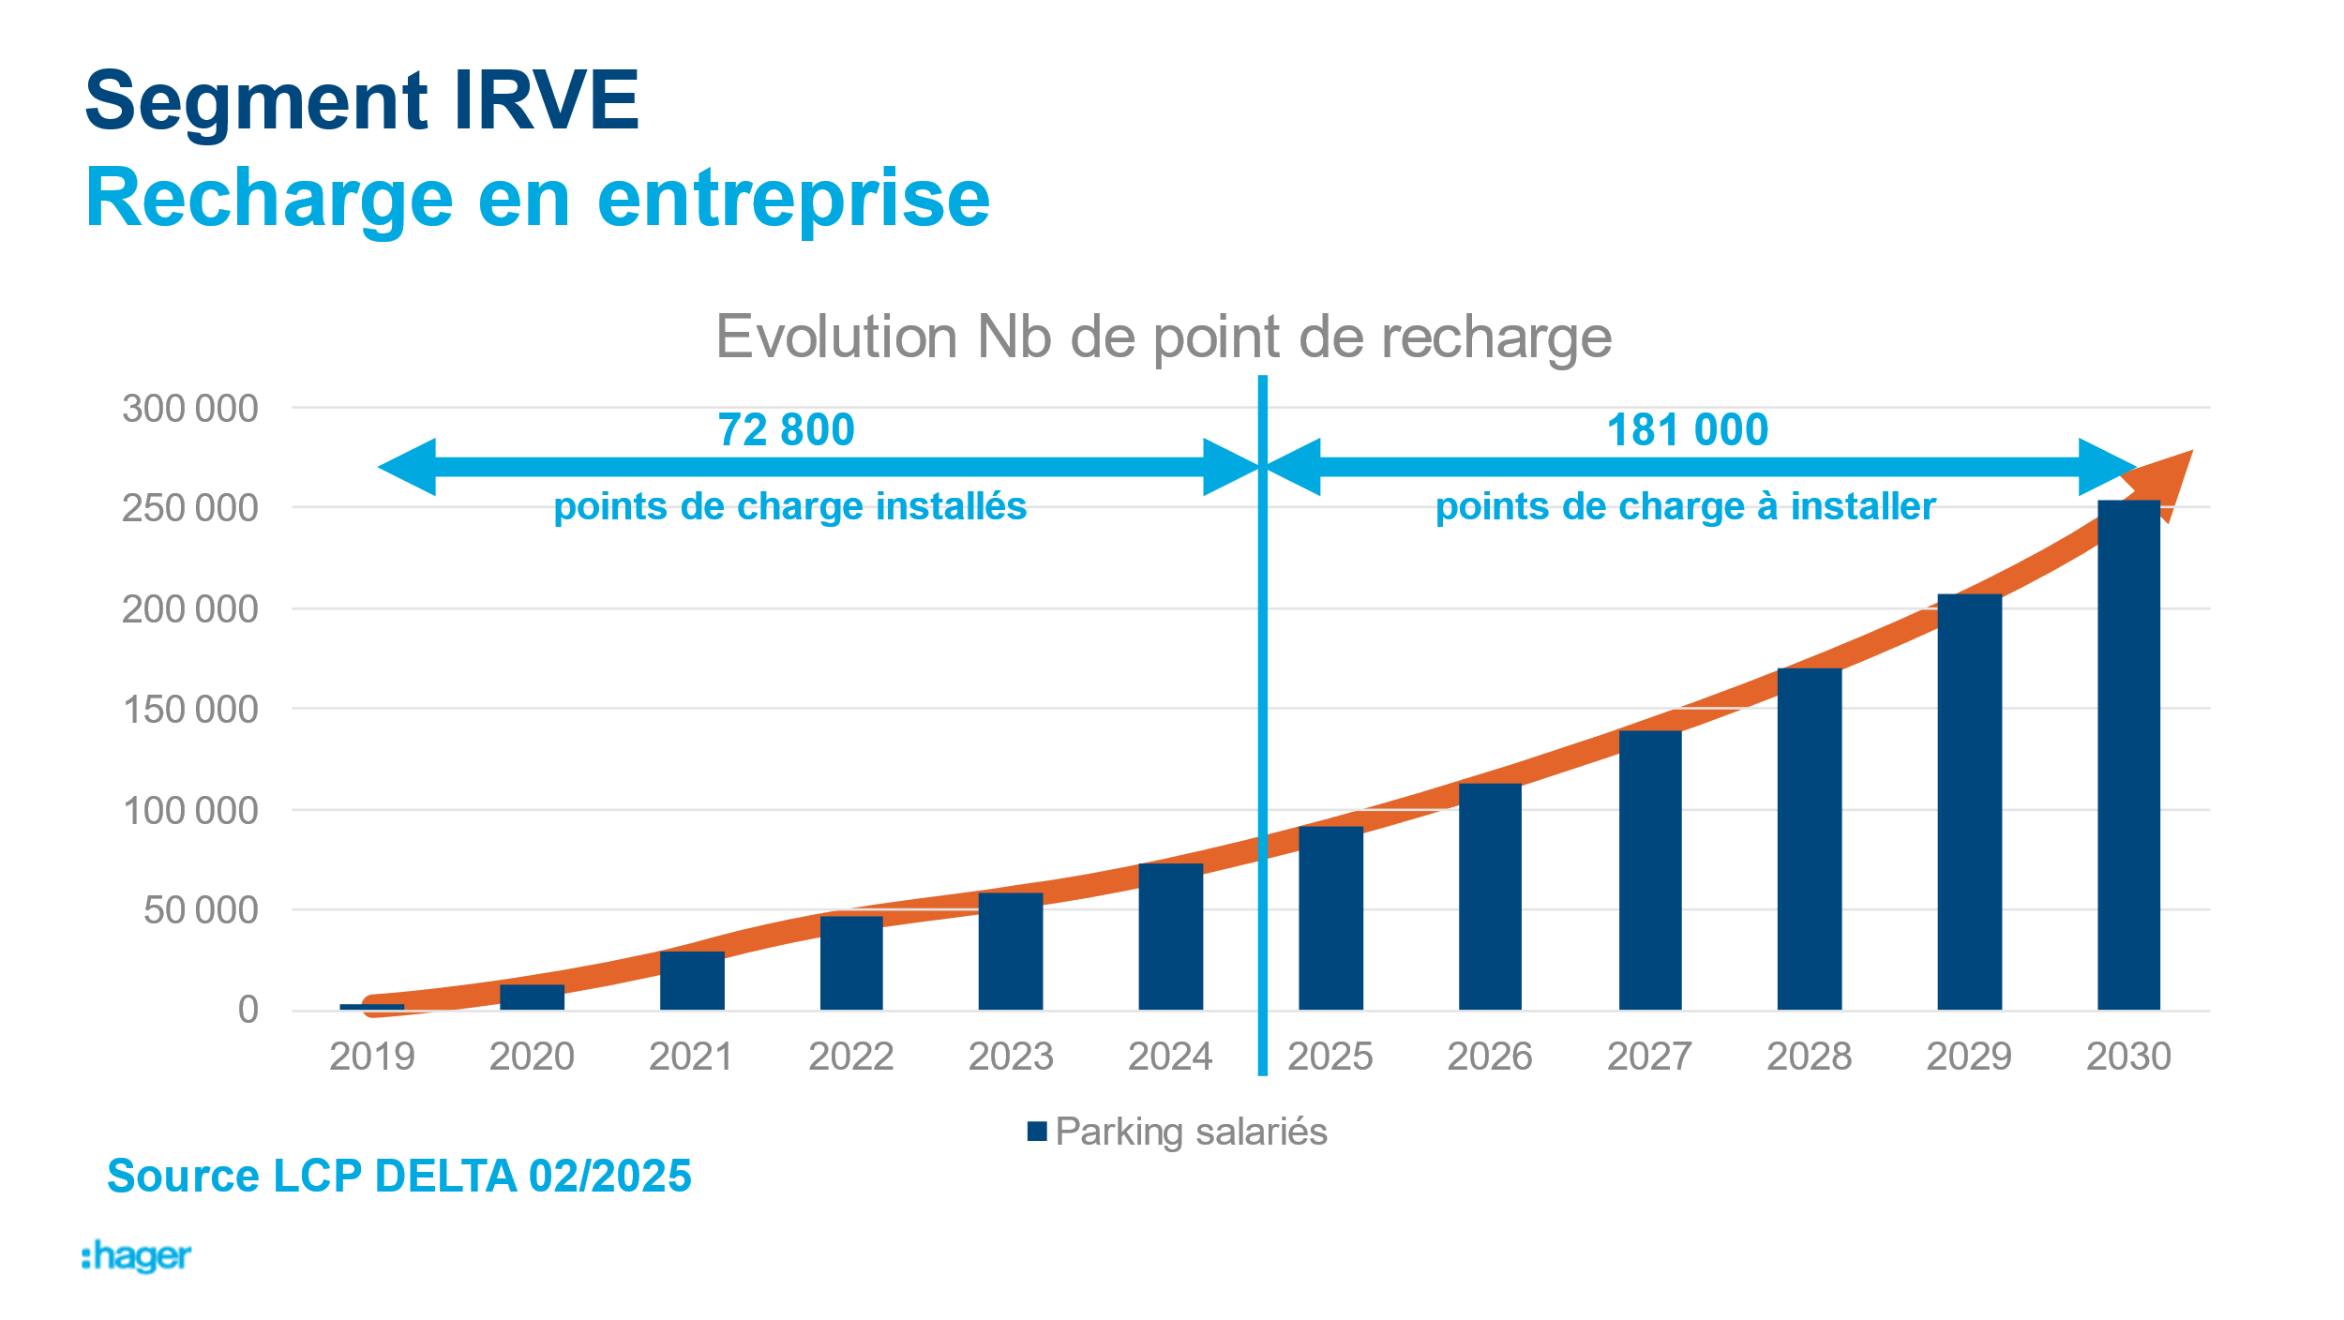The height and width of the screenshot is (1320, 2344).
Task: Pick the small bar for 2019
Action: [372, 1007]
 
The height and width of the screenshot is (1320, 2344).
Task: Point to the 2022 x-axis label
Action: [850, 1057]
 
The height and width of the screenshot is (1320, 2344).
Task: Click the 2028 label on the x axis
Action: [1809, 1057]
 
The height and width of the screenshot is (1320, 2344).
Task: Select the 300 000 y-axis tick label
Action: [190, 409]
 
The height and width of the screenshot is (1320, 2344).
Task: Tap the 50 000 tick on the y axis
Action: [201, 910]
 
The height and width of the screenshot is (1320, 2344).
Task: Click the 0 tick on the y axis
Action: [248, 1010]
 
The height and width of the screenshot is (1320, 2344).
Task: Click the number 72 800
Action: [786, 430]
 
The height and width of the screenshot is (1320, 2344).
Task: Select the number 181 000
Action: [1688, 430]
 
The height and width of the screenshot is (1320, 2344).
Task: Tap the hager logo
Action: [137, 1256]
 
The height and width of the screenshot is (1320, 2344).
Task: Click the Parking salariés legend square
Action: [1037, 1132]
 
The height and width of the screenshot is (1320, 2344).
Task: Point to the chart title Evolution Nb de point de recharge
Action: [1164, 337]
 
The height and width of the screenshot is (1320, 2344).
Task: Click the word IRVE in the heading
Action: [546, 100]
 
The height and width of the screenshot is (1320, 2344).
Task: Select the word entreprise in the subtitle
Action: [793, 198]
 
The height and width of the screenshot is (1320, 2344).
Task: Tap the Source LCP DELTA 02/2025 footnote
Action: [399, 1176]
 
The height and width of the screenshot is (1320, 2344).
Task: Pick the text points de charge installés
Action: [789, 506]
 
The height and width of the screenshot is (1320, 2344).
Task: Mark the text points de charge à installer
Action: [1685, 506]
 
